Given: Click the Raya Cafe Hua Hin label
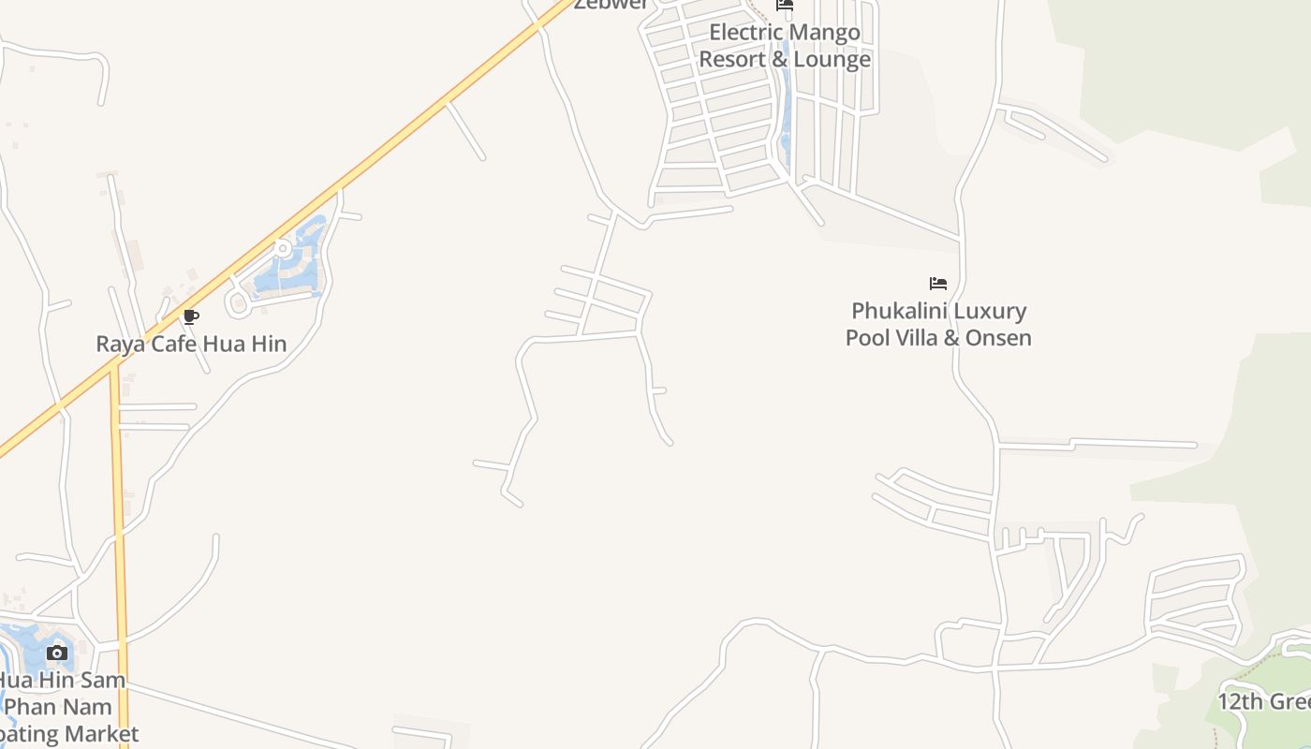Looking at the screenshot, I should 191,344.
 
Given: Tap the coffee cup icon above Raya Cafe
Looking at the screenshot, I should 191,317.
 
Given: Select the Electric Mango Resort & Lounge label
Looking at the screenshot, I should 785,46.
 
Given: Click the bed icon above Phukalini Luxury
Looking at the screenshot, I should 938,283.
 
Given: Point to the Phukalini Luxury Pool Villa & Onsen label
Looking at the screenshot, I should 938,324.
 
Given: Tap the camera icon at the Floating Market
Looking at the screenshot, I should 57,653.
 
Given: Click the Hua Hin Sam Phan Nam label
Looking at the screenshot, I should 61,693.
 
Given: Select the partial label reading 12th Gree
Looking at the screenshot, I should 1263,701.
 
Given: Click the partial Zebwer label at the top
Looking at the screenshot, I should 611,5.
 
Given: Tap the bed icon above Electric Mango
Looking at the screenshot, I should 785,6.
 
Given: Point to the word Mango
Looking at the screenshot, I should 824,33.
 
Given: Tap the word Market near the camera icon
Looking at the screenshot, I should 96,733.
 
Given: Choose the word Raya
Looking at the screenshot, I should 119,344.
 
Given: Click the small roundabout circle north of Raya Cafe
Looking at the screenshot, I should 282,248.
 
